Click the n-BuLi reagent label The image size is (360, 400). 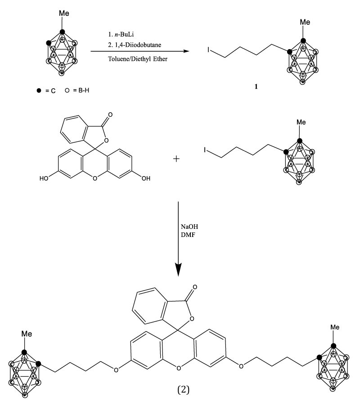point(124,34)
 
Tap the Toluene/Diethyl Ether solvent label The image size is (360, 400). point(138,59)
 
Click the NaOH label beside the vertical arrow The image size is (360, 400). point(189,227)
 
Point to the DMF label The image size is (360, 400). point(188,235)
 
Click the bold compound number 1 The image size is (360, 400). point(256,87)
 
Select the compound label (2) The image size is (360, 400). point(184,390)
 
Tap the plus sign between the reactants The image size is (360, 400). point(176,159)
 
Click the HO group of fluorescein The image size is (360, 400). point(44,178)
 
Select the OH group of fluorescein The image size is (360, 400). point(146,178)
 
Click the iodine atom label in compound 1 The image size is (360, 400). point(208,50)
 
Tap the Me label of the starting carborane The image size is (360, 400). point(64,13)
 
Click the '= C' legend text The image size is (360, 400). point(50,91)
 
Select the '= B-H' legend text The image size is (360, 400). point(81,90)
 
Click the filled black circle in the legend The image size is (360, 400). point(39,91)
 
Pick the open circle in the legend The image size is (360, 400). point(67,90)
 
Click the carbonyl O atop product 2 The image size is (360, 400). point(195,287)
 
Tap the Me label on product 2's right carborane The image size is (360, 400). point(335,327)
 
